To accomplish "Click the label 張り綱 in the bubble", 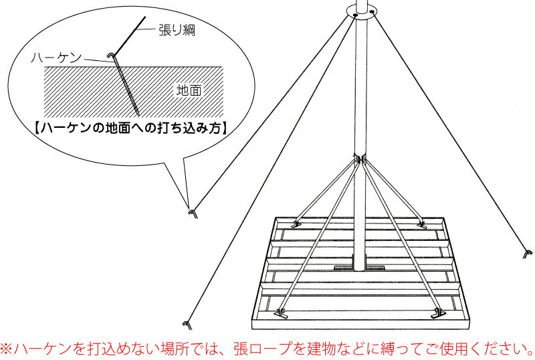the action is [x=177, y=30].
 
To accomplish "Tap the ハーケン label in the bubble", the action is [x=56, y=58].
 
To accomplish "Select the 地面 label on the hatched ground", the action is [x=189, y=90].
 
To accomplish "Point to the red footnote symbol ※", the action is [x=7, y=349].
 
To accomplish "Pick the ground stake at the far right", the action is [x=528, y=254].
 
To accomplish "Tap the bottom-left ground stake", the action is [x=187, y=325].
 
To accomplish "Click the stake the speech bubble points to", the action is [x=193, y=214].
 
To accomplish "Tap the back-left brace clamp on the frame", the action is [x=296, y=224].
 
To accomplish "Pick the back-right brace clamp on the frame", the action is [x=422, y=224].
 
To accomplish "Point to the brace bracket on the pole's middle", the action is [x=360, y=159].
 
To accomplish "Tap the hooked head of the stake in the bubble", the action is [x=112, y=55].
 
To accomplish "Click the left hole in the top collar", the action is [x=355, y=15].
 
